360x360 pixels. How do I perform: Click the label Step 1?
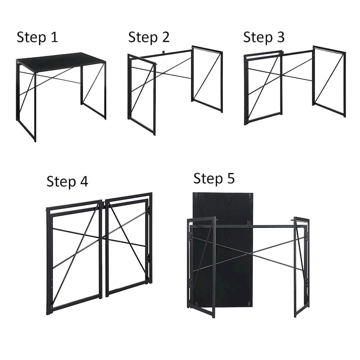(x=37, y=37)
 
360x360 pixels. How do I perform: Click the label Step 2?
(x=148, y=37)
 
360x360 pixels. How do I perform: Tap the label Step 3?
(x=264, y=37)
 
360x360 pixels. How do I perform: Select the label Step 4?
(x=67, y=181)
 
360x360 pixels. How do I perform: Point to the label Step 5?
(x=214, y=179)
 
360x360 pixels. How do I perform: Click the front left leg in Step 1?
(x=35, y=112)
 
